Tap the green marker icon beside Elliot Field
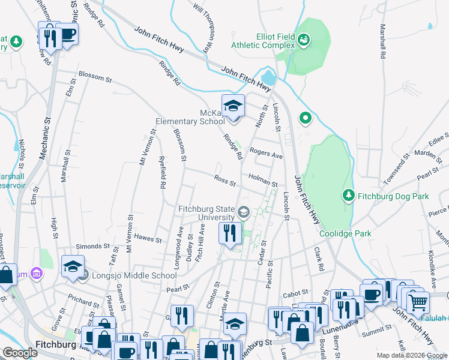(305, 40)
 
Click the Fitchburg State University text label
(206, 213)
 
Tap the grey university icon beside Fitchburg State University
(244, 212)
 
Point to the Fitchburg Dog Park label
(393, 196)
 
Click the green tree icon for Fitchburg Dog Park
(348, 196)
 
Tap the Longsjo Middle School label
(134, 275)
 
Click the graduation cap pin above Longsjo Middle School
(73, 267)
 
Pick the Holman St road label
(263, 181)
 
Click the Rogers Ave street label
(266, 154)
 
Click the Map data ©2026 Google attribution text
(411, 355)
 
